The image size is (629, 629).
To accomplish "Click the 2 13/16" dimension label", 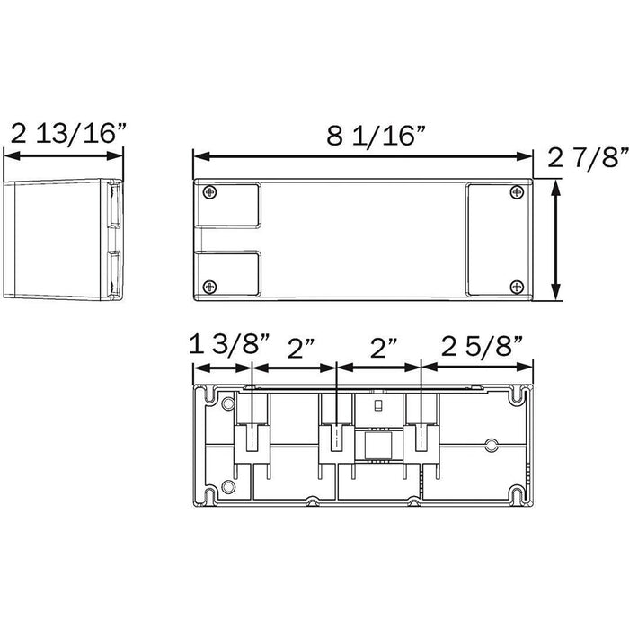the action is pyautogui.click(x=68, y=133).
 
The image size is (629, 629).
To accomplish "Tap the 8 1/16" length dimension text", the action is pyautogui.click(x=376, y=135).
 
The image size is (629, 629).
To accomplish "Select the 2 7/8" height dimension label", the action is pyautogui.click(x=588, y=157).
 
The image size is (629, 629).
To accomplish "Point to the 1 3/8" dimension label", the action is pyautogui.click(x=229, y=343).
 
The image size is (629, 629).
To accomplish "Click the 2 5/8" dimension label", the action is pyautogui.click(x=483, y=346).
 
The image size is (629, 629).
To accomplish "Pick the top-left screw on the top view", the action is pyautogui.click(x=209, y=192).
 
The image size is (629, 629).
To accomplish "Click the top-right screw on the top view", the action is pyautogui.click(x=517, y=192).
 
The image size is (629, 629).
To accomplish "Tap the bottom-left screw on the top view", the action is pyautogui.click(x=209, y=287).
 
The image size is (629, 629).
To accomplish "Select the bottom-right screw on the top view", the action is pyautogui.click(x=517, y=287).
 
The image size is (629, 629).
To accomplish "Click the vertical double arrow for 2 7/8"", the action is pyautogui.click(x=555, y=240).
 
